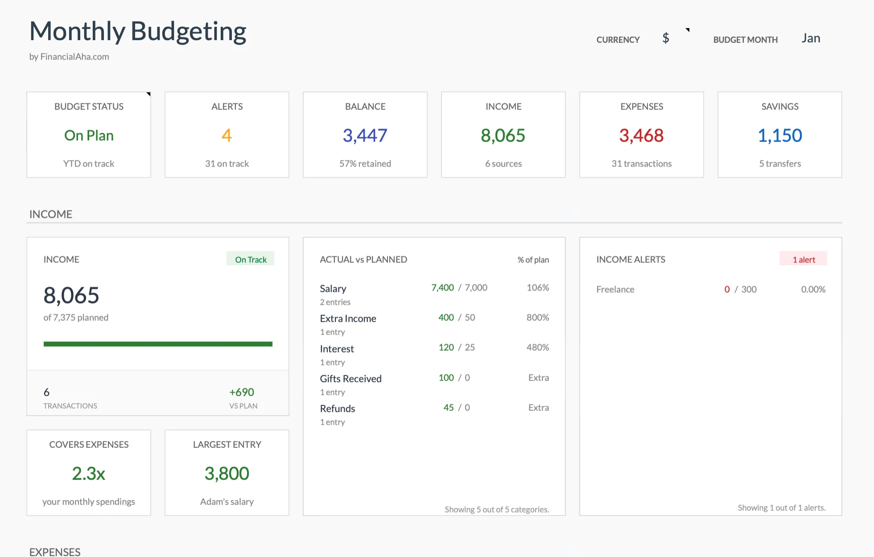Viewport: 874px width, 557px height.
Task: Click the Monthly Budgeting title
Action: click(x=138, y=32)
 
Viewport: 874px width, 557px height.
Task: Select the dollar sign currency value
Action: click(x=665, y=38)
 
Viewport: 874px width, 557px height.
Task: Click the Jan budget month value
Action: click(x=810, y=38)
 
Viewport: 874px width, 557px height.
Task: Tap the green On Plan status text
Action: click(x=89, y=135)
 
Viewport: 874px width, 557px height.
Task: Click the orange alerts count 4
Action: click(x=227, y=135)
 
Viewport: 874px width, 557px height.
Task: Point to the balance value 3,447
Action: click(x=365, y=135)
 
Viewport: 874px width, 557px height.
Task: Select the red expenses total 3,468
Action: click(x=641, y=135)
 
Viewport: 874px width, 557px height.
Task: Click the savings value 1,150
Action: click(x=779, y=135)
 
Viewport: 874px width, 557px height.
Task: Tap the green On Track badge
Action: click(x=251, y=259)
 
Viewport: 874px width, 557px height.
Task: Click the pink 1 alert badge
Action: click(x=803, y=259)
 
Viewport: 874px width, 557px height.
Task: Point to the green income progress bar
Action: click(x=158, y=344)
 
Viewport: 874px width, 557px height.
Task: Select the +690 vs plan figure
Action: click(x=242, y=392)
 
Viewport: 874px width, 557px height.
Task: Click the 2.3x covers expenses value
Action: click(x=89, y=473)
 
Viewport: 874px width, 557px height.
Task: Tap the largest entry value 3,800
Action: click(x=227, y=473)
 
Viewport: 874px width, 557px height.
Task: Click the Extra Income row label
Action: click(x=348, y=319)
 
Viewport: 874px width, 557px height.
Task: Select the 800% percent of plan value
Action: click(x=537, y=318)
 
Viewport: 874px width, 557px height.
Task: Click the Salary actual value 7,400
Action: click(x=442, y=288)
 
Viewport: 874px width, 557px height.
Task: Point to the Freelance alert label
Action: click(x=615, y=290)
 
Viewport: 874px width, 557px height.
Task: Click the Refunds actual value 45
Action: click(x=448, y=408)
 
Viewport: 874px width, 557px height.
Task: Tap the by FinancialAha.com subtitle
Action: click(x=69, y=57)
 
